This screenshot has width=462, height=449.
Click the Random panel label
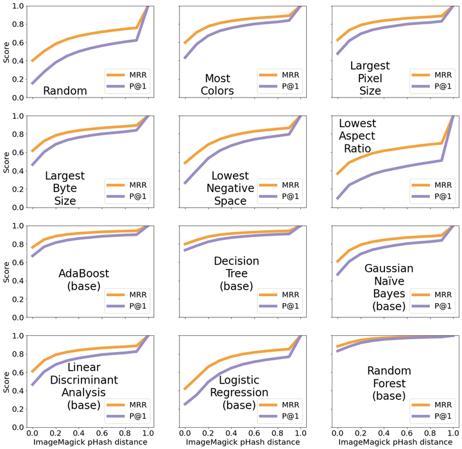tap(65, 91)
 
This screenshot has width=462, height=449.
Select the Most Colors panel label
tap(218, 85)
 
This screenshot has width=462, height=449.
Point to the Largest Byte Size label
tap(65, 188)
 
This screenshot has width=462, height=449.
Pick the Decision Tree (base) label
tap(237, 274)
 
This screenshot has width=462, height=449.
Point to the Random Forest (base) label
tap(389, 383)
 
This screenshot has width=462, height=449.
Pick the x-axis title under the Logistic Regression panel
tap(232, 443)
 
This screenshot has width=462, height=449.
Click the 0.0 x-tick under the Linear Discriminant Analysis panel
tap(32, 433)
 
